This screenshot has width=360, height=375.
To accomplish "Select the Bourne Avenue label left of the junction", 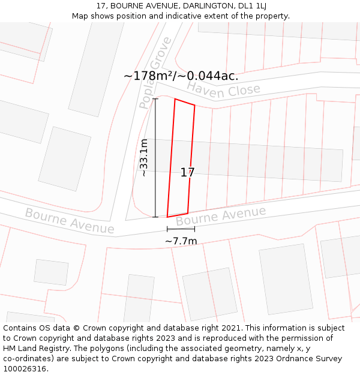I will coord(70,221).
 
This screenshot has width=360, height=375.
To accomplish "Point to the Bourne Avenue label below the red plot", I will coord(221,217).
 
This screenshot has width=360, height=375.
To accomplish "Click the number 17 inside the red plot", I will coord(187,173).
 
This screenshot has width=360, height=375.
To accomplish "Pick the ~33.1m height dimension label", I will coord(144,158).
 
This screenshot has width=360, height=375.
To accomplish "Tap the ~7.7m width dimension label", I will coord(181,241).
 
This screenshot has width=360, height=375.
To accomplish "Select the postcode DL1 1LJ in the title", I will coord(252,6).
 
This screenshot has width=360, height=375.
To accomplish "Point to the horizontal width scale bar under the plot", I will coord(181,229).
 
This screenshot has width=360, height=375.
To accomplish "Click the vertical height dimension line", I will coord(155,158).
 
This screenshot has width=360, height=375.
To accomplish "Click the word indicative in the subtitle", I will coord(182,16).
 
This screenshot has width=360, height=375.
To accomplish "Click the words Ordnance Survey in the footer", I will coord(307,359).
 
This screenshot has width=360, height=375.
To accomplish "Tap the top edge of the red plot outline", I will coord(185,102).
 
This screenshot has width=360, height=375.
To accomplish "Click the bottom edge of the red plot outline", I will coord(178,215).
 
